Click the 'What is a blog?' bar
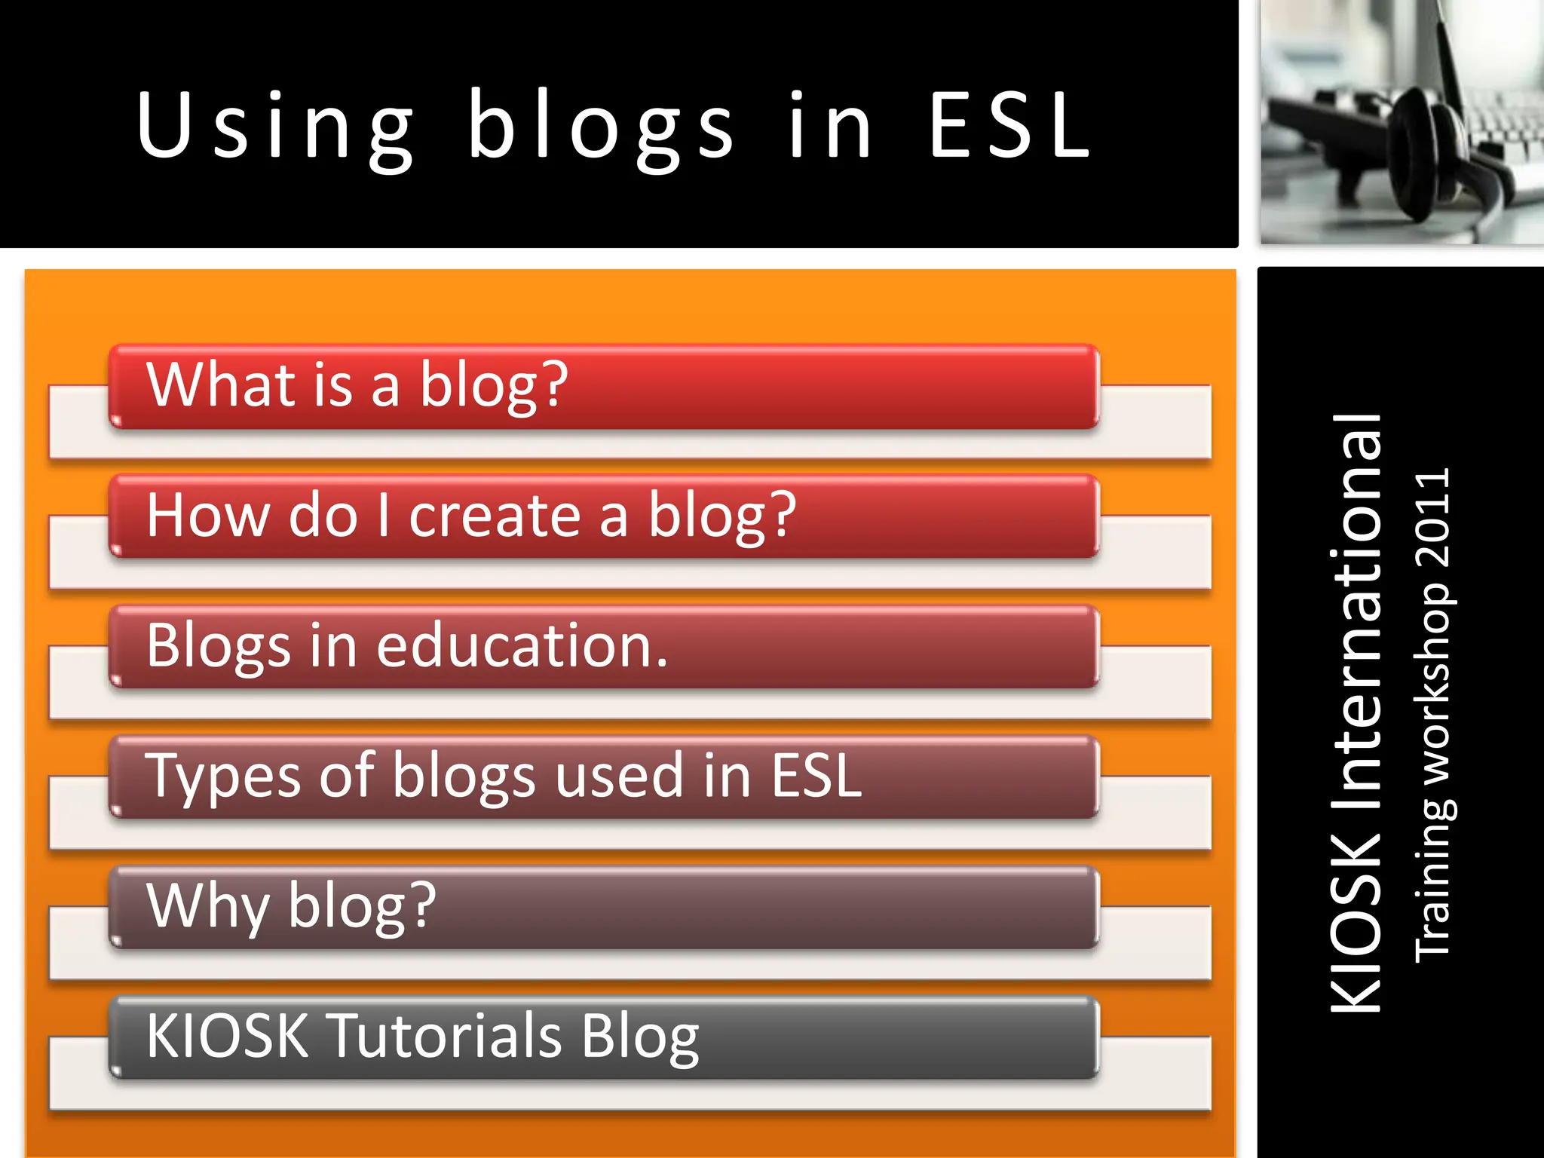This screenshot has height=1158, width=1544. point(603,387)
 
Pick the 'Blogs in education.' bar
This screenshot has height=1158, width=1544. point(603,647)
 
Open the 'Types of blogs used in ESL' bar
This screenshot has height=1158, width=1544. point(603,777)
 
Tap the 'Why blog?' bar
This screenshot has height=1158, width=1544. point(603,908)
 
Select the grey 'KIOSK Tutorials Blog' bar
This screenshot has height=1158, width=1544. point(603,1037)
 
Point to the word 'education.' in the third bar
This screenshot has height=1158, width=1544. point(522,646)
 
